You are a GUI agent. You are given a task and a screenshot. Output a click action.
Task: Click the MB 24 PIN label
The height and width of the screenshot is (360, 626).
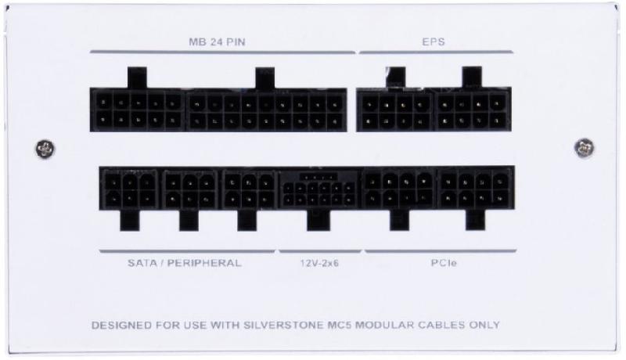click(217, 42)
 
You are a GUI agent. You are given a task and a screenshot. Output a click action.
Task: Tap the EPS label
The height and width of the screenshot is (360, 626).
click(434, 42)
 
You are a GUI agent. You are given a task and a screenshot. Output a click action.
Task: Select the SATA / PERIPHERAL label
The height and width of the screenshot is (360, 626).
click(185, 263)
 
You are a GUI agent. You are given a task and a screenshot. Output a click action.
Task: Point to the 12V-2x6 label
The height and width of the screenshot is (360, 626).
click(319, 263)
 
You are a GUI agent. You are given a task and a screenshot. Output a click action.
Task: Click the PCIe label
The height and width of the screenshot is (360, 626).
click(444, 263)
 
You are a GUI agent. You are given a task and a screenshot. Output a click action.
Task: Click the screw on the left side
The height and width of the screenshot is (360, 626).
click(45, 149)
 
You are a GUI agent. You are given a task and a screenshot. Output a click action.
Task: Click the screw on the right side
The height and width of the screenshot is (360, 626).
click(584, 148)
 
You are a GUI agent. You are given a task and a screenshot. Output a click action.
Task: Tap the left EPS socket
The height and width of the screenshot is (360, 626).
click(395, 110)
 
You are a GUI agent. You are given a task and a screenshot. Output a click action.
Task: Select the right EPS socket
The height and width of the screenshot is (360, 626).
click(473, 110)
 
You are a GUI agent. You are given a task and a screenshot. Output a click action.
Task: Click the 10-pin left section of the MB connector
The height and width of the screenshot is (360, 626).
click(138, 110)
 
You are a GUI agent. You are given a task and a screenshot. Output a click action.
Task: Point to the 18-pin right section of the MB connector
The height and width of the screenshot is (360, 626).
click(265, 110)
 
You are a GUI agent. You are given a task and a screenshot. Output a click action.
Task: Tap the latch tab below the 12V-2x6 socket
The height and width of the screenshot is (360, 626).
click(318, 221)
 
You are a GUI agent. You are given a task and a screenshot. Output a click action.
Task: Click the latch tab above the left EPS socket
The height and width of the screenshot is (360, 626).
click(396, 77)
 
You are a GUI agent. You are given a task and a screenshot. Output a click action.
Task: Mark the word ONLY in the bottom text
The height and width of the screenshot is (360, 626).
click(484, 326)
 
